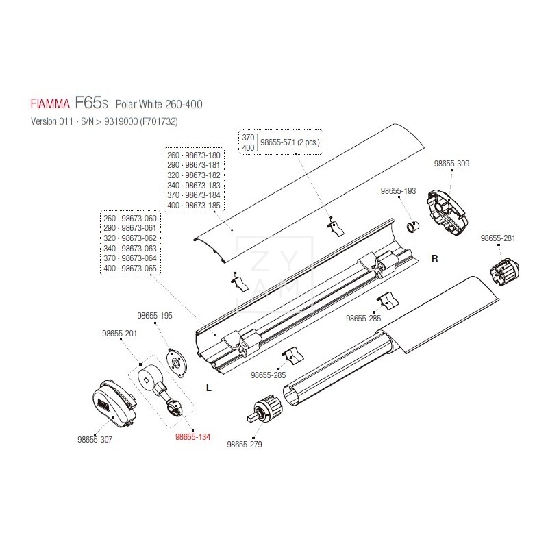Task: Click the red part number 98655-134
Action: coord(192,436)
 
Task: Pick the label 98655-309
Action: coord(452,164)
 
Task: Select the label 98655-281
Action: coord(498,238)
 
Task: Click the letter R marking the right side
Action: coord(434,258)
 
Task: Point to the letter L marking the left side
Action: coord(208,388)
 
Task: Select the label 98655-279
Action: coord(244,444)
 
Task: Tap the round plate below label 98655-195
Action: coord(178,361)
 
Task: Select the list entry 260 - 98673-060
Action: coord(129,218)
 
